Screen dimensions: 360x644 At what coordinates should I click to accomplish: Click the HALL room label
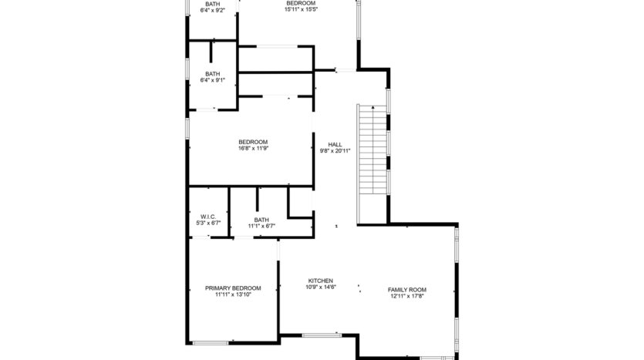(x=335, y=144)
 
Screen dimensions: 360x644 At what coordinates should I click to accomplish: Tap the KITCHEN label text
(x=320, y=281)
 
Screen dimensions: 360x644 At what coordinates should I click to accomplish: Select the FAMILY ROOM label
(x=406, y=290)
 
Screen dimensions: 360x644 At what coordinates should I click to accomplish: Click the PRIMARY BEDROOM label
(x=232, y=288)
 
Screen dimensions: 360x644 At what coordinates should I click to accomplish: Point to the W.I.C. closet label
(x=207, y=217)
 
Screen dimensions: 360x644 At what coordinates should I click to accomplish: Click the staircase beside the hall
(x=371, y=151)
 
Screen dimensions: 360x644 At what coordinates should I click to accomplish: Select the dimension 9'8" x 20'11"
(x=335, y=151)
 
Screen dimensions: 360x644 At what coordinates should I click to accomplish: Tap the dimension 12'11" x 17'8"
(x=406, y=297)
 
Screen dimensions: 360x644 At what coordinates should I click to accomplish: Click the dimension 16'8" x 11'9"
(x=253, y=149)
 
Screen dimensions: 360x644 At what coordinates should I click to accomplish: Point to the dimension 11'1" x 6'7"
(x=261, y=226)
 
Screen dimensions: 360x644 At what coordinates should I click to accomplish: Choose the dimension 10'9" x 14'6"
(x=320, y=288)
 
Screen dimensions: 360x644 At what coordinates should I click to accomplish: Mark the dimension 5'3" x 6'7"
(x=207, y=224)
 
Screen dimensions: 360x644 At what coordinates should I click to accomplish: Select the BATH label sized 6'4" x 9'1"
(x=212, y=74)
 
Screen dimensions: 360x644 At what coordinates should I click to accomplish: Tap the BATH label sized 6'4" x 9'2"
(x=212, y=4)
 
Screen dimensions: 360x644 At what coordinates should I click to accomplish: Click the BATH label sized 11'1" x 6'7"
(x=261, y=219)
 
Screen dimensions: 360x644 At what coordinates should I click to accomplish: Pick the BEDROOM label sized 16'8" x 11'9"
(x=253, y=142)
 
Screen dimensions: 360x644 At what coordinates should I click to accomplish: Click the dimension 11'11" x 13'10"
(x=232, y=295)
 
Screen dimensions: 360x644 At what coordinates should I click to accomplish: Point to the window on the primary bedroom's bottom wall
(x=210, y=342)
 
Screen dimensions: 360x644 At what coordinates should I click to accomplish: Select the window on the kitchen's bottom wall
(x=321, y=335)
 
